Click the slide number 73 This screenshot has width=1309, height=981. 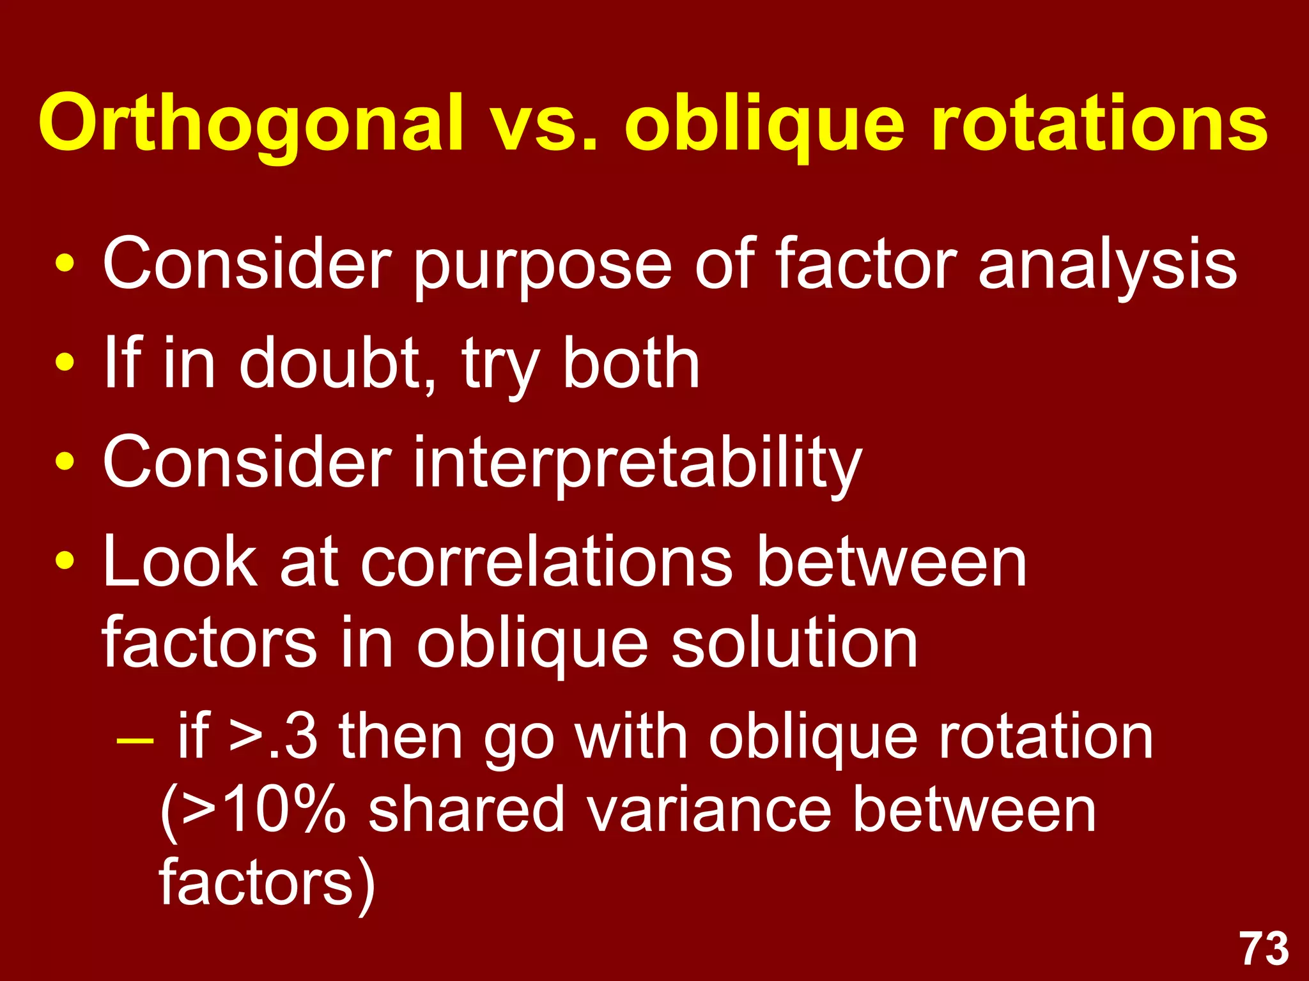click(x=1264, y=948)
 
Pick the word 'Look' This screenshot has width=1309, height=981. click(x=180, y=562)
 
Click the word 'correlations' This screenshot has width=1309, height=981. click(x=547, y=562)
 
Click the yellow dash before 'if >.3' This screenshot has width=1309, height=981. click(x=136, y=741)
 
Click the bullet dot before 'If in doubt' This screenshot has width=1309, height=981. click(x=65, y=362)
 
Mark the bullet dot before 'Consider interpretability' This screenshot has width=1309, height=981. click(x=65, y=461)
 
